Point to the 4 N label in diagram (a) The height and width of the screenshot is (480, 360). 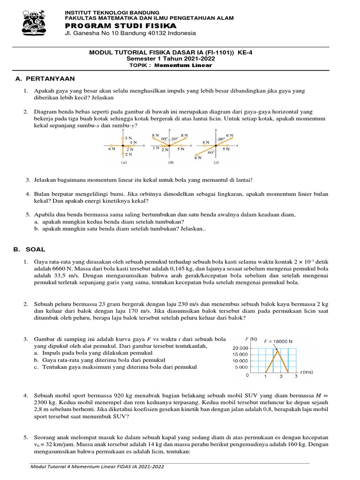point(133,142)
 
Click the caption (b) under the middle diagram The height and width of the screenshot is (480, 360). point(171,163)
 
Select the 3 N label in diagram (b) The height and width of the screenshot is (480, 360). point(156,149)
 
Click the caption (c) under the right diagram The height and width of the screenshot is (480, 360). point(216,163)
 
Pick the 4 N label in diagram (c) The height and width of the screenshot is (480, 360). point(205,142)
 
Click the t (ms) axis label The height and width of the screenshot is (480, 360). point(307,372)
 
